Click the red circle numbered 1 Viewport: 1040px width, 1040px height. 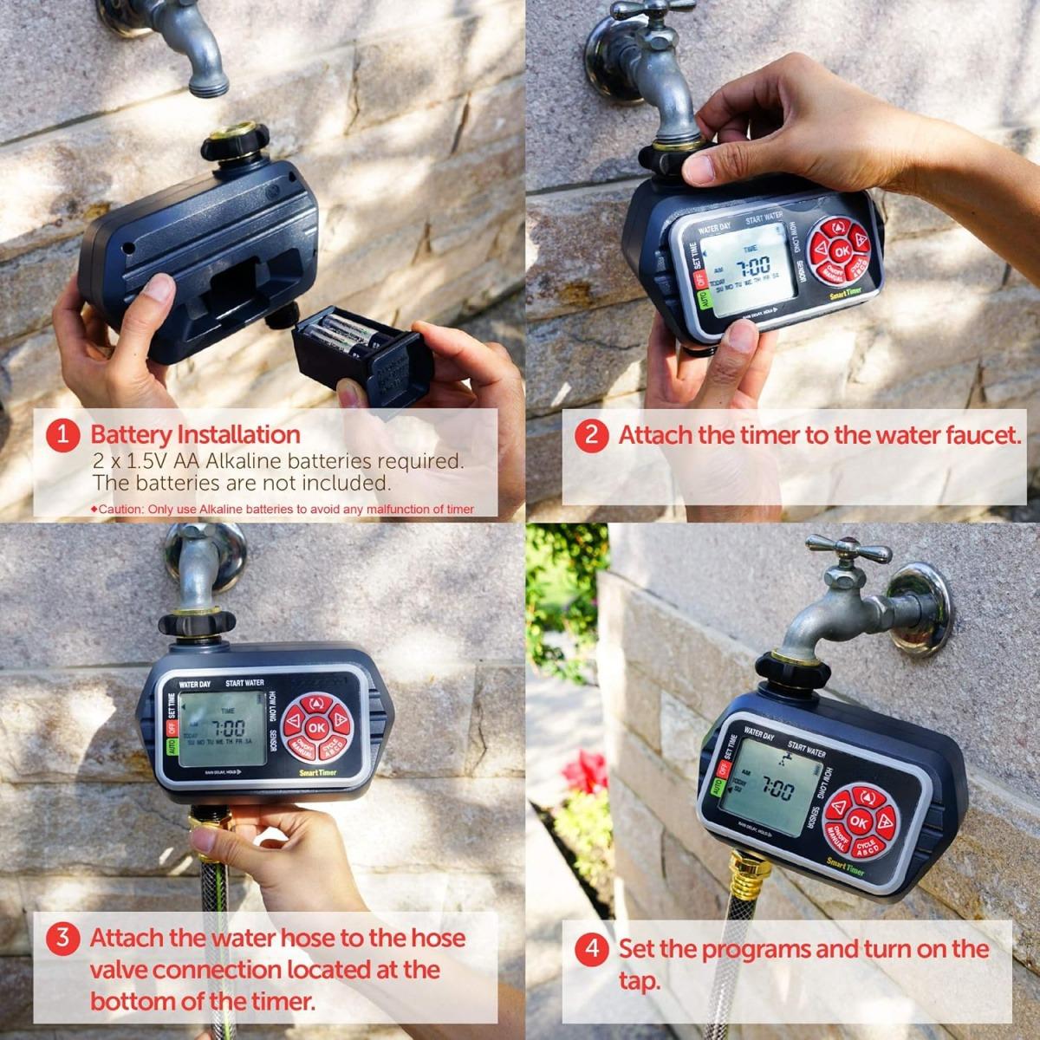pos(62,434)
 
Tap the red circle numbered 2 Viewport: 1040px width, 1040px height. pos(591,434)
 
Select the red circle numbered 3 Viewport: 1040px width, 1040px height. pos(62,938)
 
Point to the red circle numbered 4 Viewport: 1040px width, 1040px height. pos(592,948)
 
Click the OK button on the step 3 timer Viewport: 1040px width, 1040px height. pos(317,727)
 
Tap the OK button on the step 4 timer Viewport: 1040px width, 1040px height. pos(857,821)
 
